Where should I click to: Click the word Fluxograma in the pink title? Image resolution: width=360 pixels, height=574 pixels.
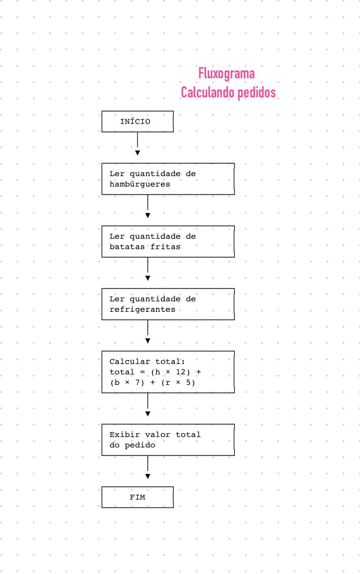point(227,74)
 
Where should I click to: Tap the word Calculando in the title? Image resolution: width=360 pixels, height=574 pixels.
point(208,92)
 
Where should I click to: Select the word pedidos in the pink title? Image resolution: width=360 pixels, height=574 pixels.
point(257,93)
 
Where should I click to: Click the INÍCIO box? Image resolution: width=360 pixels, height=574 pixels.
point(137,121)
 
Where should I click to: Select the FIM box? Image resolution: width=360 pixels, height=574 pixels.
point(137,497)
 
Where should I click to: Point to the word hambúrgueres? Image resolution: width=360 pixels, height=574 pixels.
point(140,184)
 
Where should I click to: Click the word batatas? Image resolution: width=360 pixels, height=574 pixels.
point(127,247)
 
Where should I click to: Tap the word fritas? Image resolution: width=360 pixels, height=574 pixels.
point(165,247)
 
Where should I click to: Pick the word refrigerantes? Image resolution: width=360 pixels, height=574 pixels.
point(143,310)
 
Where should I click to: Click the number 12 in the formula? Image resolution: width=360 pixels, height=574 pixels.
point(180,372)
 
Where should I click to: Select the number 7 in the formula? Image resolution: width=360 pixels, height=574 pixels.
point(137,382)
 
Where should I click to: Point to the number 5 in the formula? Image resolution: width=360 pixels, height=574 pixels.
point(188,382)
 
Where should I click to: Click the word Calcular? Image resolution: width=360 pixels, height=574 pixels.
point(130,361)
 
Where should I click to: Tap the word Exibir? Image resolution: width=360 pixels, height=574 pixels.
point(125,434)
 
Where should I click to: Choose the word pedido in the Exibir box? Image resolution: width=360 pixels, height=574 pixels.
point(140,445)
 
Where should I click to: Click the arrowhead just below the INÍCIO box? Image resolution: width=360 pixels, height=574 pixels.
point(137,153)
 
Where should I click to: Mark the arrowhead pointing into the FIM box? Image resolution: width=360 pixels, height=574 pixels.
point(148,476)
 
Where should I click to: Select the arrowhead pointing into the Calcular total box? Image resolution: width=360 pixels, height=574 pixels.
point(148,341)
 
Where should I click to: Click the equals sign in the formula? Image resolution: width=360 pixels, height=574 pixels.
point(143,372)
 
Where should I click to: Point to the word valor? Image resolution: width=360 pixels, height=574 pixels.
point(157,434)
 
